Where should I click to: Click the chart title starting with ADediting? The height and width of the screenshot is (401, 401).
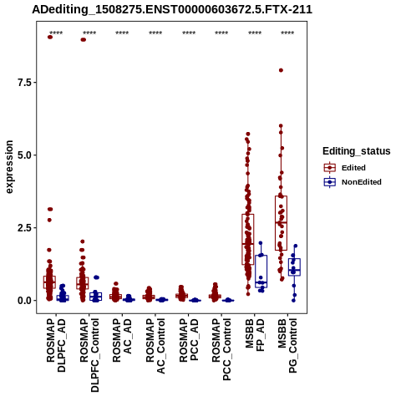click(172, 10)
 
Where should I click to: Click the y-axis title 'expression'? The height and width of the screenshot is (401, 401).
click(9, 167)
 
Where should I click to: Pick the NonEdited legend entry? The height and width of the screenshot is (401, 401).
click(353, 182)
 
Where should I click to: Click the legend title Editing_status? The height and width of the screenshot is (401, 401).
click(357, 151)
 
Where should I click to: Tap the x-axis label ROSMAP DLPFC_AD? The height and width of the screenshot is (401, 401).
click(56, 345)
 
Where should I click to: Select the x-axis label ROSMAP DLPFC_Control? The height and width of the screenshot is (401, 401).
click(89, 355)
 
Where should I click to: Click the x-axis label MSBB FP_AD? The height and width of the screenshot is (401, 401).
click(255, 334)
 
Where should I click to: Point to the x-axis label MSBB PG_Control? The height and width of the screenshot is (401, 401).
click(287, 346)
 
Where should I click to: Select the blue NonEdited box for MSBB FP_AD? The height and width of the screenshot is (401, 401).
click(261, 272)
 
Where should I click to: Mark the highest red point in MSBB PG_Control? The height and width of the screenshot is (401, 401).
click(281, 70)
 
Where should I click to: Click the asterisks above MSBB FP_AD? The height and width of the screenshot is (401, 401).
click(255, 33)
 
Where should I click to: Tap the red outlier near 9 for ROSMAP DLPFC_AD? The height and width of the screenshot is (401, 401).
click(50, 37)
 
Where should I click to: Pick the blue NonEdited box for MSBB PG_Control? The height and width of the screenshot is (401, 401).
click(294, 267)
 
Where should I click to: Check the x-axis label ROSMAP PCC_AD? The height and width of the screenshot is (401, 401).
click(189, 340)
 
